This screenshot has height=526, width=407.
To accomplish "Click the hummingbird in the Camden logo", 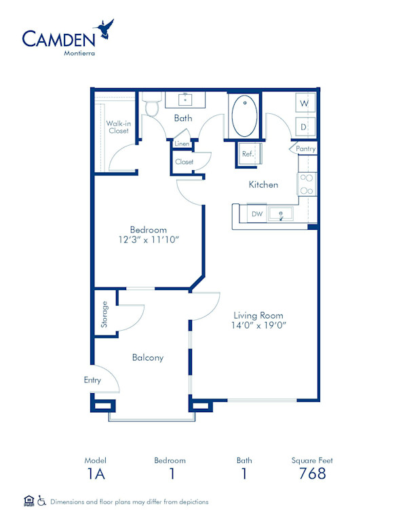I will [x=105, y=28].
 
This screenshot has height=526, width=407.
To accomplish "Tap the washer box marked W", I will [x=304, y=103].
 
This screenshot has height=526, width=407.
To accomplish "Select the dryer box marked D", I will [x=304, y=126].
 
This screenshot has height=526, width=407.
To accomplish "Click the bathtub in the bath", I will [x=244, y=116].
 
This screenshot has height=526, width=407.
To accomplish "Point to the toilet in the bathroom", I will [x=152, y=104].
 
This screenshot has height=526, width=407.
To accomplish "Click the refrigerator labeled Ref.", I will [x=248, y=155].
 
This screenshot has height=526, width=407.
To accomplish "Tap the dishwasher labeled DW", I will [x=256, y=214].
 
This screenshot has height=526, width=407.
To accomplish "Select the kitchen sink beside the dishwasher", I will [x=280, y=215].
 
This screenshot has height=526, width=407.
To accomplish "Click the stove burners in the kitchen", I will [x=306, y=184].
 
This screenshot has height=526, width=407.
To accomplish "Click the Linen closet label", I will [x=182, y=144].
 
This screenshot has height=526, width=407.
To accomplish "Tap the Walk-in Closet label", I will [x=119, y=127].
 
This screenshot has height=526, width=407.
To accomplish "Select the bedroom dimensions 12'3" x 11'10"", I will [x=149, y=240].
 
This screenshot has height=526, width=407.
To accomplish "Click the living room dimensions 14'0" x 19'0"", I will [x=258, y=325].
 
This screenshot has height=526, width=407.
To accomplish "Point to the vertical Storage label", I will [x=104, y=314].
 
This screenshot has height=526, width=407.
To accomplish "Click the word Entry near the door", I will [x=92, y=380].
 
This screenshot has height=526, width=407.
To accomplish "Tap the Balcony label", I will [x=148, y=357].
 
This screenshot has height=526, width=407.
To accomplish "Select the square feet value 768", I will [x=312, y=474].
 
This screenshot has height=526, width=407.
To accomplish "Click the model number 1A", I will [x=96, y=474].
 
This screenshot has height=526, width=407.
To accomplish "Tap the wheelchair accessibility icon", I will [x=41, y=501].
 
